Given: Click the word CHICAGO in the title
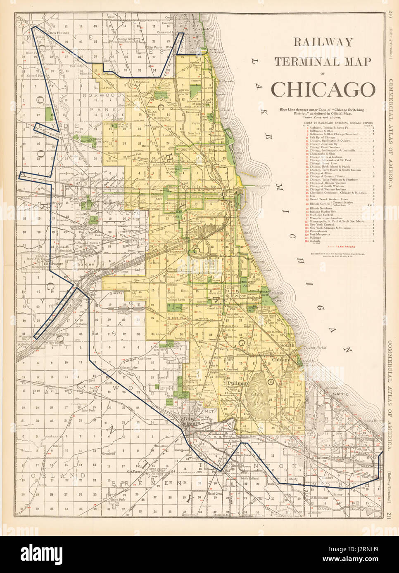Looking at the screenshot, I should click(x=323, y=88).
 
